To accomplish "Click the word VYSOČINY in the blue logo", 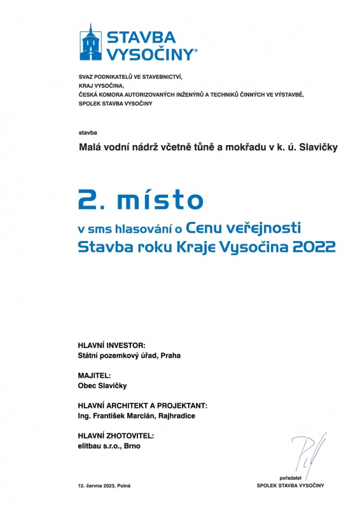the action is click(x=151, y=53).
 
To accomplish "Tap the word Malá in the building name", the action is click(x=89, y=148).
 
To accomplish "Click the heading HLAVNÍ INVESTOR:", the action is click(x=111, y=344).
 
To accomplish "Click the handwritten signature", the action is click(x=307, y=452).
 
